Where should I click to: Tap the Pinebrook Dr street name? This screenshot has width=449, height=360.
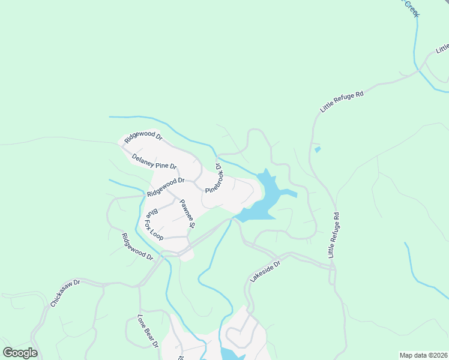point(214,178)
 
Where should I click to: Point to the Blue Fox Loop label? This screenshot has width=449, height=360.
point(154,224)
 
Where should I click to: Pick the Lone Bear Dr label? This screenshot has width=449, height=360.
point(147,331)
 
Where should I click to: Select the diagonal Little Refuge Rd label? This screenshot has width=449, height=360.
point(342,98)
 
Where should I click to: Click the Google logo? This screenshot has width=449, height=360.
point(20,353)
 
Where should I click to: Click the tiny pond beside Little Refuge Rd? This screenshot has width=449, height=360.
point(318,149)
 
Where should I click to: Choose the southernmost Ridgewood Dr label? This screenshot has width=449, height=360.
point(137,247)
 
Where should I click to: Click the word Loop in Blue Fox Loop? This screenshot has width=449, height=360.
point(157,233)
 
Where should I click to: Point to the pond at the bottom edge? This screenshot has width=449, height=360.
point(230,354)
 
